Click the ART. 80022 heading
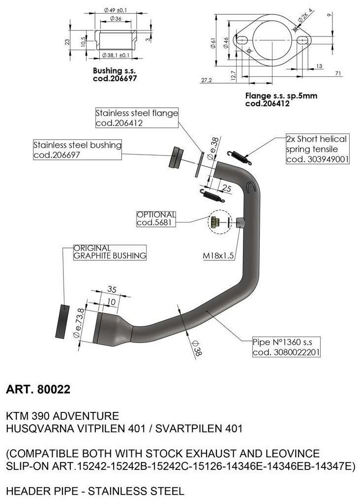(38, 390)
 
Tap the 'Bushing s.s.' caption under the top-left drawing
(115, 71)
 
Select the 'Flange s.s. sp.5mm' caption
(281, 96)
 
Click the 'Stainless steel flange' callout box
(136, 118)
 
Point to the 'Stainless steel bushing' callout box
(77, 150)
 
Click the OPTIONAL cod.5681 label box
(156, 219)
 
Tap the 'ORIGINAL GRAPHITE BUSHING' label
(109, 251)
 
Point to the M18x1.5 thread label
(219, 256)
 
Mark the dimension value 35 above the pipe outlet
(112, 290)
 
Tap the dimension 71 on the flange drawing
(338, 73)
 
